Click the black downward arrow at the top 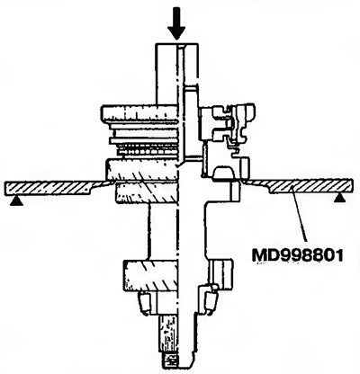176,24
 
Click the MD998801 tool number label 297,255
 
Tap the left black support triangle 16,202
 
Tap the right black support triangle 340,198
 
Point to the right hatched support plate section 300,186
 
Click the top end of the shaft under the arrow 177,44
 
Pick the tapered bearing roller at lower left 143,303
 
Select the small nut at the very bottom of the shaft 170,361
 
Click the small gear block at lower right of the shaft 222,272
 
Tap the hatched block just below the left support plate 148,192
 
